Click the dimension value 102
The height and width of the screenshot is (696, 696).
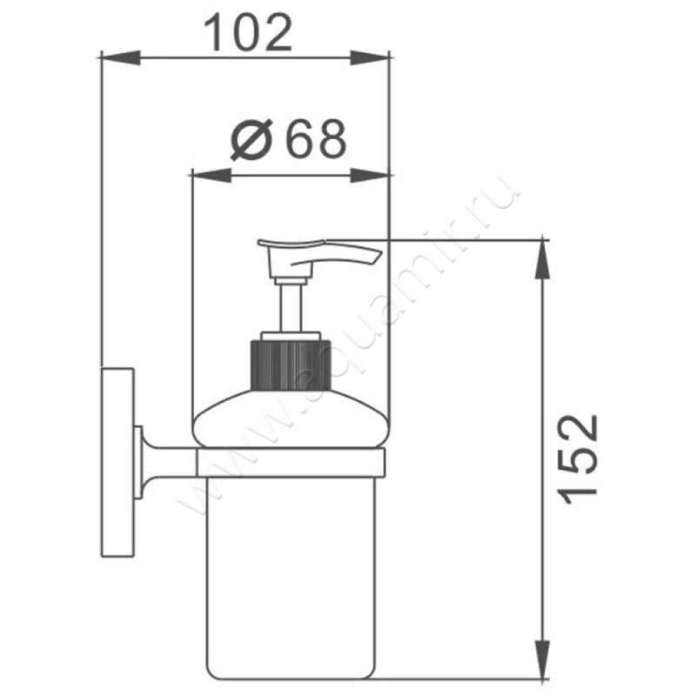click(247, 33)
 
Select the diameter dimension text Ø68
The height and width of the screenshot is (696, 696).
click(288, 139)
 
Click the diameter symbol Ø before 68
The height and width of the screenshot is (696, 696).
click(251, 139)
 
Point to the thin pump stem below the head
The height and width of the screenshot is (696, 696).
click(290, 308)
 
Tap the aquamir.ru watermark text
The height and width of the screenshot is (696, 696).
click(348, 348)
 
